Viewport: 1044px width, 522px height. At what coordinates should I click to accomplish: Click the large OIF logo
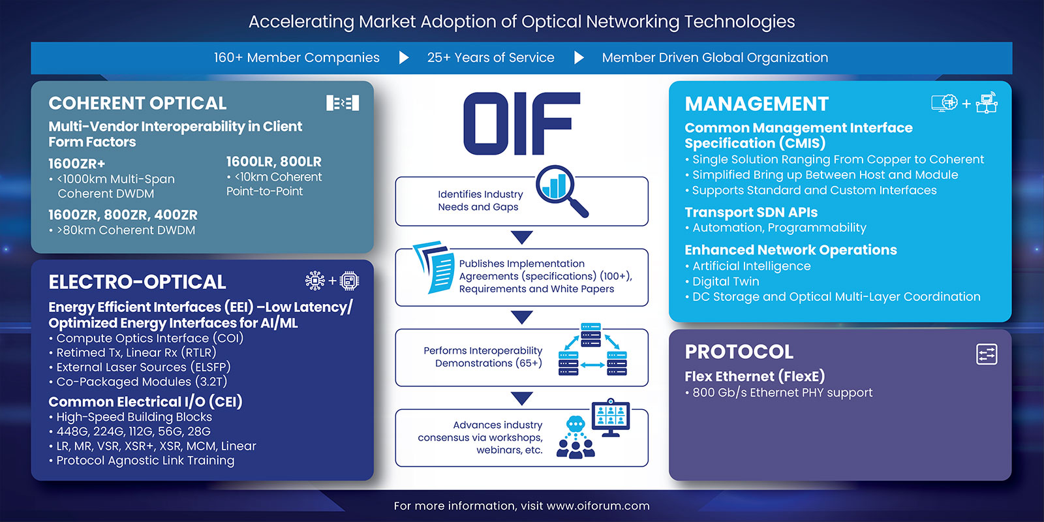point(521,123)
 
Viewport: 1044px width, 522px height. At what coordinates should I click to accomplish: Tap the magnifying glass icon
point(560,189)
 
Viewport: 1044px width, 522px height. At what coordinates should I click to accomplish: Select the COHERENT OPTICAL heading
point(138,103)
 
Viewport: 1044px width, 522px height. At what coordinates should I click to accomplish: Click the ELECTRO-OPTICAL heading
point(137,282)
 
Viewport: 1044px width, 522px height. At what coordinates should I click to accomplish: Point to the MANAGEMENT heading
point(756,104)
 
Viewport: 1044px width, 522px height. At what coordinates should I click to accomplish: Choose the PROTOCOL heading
point(739,352)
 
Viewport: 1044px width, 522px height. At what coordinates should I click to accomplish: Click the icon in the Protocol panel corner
point(986,354)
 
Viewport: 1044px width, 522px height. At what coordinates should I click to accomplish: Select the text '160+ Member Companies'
point(296,57)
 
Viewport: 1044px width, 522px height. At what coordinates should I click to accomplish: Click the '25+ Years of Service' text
point(491,57)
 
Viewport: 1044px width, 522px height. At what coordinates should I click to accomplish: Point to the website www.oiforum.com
point(598,506)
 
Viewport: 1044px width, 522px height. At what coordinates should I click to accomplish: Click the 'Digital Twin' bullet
point(726,281)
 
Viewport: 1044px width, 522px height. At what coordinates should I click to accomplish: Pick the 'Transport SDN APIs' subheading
point(751,212)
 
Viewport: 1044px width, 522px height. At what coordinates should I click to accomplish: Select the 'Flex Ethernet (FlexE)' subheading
point(754,376)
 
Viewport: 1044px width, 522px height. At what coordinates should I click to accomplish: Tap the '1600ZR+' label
point(76,163)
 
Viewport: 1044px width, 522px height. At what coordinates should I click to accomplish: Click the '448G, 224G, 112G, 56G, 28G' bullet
point(133,431)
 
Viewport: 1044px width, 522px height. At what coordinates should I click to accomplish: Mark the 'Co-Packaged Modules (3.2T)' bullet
point(142,382)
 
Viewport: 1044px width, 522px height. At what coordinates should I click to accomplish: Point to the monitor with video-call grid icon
point(610,417)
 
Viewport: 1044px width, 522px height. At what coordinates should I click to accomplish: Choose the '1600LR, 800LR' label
point(273,161)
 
